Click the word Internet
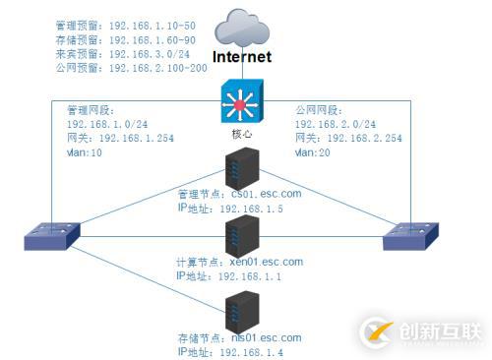(x=237, y=58)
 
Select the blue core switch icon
(x=236, y=101)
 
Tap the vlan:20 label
(x=314, y=153)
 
